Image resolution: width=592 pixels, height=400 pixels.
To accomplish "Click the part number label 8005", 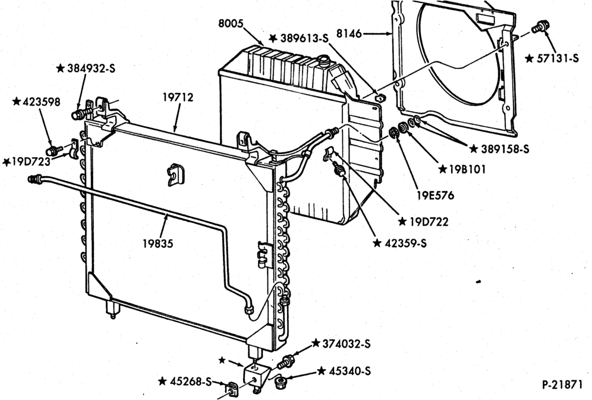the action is point(231,23).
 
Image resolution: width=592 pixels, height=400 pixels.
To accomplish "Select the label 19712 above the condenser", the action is point(178,97).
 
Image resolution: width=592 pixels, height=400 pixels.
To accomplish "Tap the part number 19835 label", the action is point(158,243).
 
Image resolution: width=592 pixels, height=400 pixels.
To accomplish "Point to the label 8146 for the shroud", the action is point(349,34).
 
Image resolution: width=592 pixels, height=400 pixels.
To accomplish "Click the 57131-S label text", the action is point(558,58).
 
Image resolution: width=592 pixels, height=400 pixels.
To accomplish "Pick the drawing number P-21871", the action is point(562,385).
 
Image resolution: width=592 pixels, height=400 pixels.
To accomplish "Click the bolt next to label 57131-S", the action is point(540,27).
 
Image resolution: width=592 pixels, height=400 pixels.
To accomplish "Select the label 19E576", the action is point(435,195).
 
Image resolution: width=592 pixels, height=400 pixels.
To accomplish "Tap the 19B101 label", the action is point(467,169).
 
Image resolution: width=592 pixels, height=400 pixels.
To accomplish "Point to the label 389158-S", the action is point(505,149).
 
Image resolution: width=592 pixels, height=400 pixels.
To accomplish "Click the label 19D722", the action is point(429,221).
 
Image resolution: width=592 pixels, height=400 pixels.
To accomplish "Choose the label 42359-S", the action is point(405,243).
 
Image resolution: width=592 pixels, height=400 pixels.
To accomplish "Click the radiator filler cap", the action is point(324,60).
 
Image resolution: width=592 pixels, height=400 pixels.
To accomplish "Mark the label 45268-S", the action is point(190,382).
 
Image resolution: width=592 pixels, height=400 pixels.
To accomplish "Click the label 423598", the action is point(41,102).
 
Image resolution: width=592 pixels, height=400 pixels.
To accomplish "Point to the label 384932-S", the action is point(91,68).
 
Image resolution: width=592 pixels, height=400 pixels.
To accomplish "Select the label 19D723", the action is point(30,162).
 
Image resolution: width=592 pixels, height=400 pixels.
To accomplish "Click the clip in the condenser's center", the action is point(175,174).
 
